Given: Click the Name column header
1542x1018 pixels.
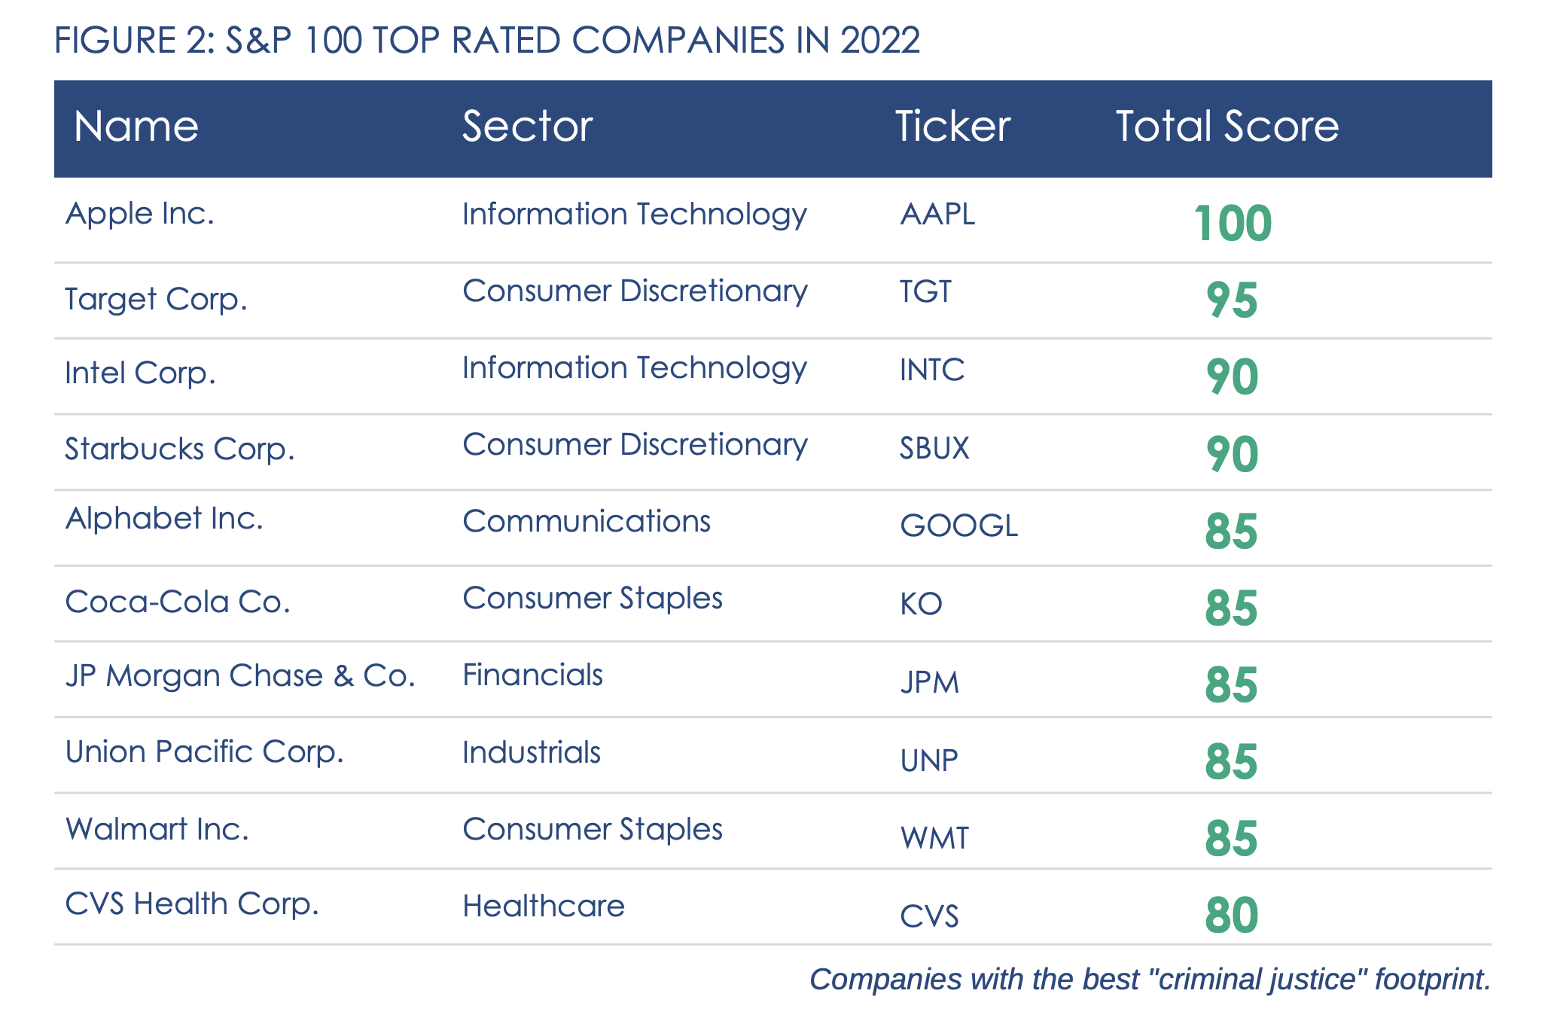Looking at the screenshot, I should [x=136, y=126].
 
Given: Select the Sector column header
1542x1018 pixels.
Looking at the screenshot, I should [x=527, y=126].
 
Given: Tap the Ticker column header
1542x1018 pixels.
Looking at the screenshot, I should [x=952, y=126].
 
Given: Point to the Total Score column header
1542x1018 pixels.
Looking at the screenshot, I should [x=1227, y=126].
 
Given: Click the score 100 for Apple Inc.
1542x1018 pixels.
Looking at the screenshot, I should [x=1233, y=224].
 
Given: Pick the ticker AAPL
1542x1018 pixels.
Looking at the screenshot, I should [x=937, y=215].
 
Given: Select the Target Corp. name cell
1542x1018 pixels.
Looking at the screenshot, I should [x=156, y=300].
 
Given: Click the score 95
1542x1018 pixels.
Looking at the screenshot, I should [x=1232, y=301].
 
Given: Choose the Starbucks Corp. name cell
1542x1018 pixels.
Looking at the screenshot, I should [x=179, y=450].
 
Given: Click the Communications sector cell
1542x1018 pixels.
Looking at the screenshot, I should [x=586, y=522].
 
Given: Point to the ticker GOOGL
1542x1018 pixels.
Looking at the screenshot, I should [x=958, y=526].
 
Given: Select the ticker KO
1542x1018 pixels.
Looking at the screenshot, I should [x=921, y=604].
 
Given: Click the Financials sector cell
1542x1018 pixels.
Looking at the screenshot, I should [x=532, y=675].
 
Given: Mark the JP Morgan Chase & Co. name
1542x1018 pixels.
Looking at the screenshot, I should [x=240, y=676].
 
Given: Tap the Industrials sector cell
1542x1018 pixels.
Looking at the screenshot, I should [x=531, y=753].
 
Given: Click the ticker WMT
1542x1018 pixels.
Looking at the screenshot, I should [x=934, y=838].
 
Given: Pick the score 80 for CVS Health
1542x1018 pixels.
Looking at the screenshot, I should [x=1232, y=916].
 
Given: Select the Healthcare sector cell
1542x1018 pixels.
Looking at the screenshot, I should [x=543, y=907].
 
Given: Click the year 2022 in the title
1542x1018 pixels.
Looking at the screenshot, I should [x=879, y=41].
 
